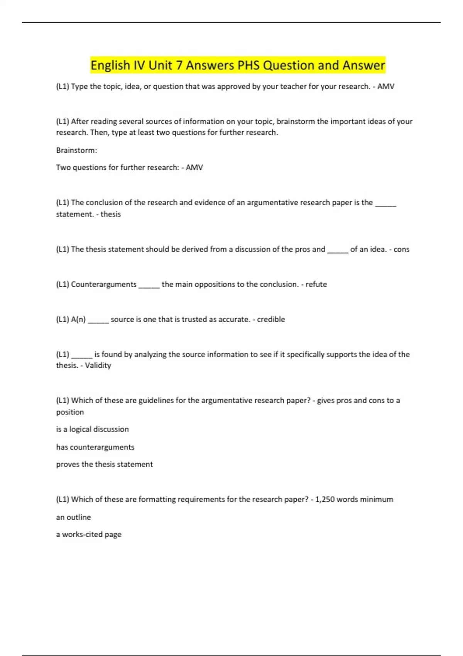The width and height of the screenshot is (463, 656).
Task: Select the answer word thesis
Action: (x=111, y=214)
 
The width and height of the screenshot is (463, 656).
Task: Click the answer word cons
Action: (x=401, y=249)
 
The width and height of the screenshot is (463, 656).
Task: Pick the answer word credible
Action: (x=271, y=320)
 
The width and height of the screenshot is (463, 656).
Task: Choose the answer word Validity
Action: (x=98, y=365)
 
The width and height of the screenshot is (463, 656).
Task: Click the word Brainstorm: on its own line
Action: (x=76, y=150)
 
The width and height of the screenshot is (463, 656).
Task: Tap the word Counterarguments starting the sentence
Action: (x=104, y=284)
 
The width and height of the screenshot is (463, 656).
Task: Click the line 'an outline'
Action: (x=73, y=517)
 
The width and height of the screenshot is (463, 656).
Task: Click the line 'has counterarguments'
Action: (x=95, y=447)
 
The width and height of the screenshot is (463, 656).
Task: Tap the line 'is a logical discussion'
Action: (x=92, y=429)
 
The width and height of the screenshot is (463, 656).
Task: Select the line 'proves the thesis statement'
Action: (x=104, y=464)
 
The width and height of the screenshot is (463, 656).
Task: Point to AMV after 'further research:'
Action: (x=194, y=167)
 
